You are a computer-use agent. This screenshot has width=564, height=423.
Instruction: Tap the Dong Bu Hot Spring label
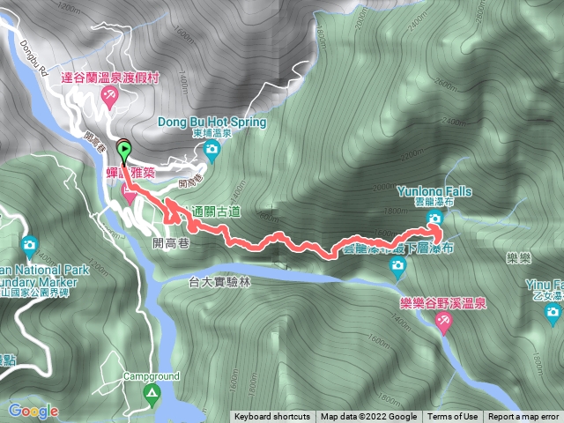211,122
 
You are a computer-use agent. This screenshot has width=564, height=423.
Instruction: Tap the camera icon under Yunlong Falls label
434,218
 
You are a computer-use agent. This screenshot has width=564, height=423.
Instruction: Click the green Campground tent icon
152,391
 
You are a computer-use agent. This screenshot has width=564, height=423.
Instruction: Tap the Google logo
33,411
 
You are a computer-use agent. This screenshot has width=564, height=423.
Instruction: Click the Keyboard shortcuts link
271,417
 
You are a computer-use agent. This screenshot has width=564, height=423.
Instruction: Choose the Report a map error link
523,417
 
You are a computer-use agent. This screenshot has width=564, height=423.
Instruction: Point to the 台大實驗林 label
221,282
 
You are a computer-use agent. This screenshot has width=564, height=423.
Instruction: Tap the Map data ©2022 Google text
368,417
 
